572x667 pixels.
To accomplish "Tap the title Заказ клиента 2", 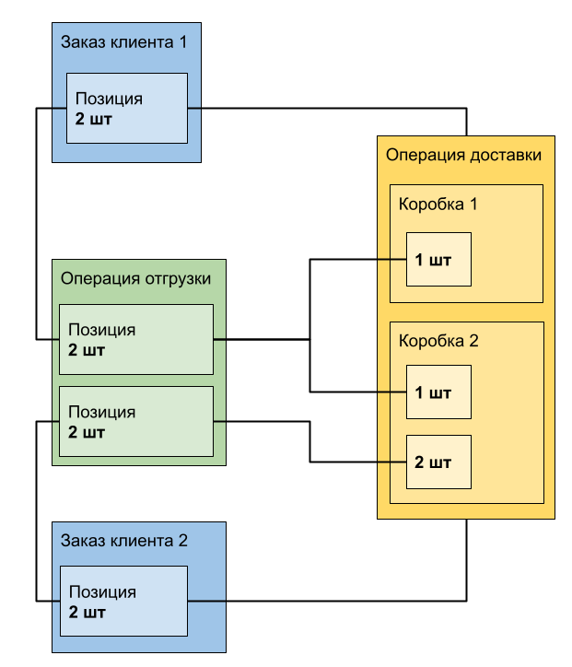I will pos(124,541).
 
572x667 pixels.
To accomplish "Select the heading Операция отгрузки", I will pos(136,278).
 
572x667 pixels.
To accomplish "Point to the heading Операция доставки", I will pos(463,155).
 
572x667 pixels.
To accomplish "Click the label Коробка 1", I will pos(438,204).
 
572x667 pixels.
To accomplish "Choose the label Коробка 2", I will pos(438,341).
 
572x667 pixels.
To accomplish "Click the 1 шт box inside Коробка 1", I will pos(439,260).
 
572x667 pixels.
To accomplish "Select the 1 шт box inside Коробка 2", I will pos(439,393).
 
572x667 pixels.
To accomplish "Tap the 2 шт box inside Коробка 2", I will pos(439,462).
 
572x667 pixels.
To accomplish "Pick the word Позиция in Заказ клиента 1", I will pos(109,99).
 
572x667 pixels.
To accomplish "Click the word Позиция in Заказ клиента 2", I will pos(102,592).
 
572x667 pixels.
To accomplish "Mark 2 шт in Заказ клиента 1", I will pos(94,119).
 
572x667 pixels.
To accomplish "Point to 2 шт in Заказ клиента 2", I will pos(87,612).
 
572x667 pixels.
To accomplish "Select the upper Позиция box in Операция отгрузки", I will pos(136,339).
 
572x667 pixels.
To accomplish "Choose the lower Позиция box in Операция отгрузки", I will pos(136,422).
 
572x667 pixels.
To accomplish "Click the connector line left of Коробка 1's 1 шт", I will pos(392,260).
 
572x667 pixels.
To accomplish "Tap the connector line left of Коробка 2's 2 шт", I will pos(392,462).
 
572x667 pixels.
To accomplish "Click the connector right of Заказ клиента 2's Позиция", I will pos(206,602).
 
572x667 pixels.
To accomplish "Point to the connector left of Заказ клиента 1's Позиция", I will pos(59,109).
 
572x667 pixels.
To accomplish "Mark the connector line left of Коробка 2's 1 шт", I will pos(392,393).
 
